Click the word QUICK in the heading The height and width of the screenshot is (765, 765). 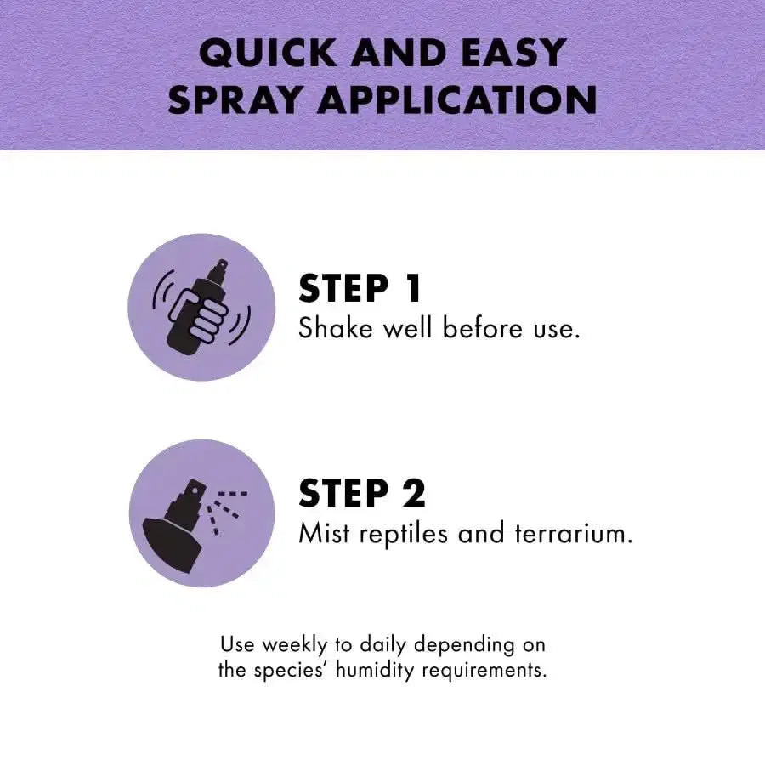[268, 54]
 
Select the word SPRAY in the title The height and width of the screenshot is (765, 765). [234, 100]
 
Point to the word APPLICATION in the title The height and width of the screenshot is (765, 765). [457, 100]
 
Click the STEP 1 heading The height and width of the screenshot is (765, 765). [360, 288]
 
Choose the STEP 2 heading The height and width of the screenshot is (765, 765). [362, 493]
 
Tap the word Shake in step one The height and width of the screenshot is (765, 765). [336, 327]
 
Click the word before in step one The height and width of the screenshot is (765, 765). [483, 327]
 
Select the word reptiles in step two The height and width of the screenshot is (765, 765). [404, 534]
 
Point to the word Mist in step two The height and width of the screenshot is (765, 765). [324, 532]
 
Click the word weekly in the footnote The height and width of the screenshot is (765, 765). [295, 645]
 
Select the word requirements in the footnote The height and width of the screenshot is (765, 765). [484, 671]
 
